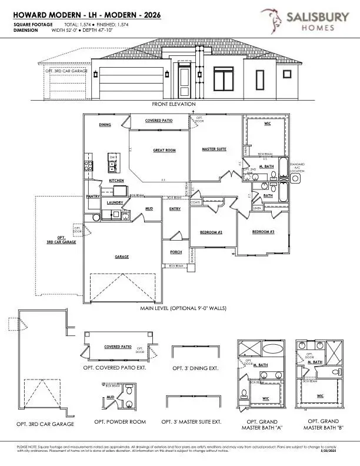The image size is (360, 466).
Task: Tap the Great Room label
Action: coord(164,151)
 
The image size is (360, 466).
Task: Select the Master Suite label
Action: coord(214,149)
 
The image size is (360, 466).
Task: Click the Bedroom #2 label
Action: coord(211,232)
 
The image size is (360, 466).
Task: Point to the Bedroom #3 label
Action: coord(263,232)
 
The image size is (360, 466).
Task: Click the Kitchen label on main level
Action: coord(116,181)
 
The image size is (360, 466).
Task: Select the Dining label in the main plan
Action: coord(105,125)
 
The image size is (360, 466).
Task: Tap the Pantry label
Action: coord(92,197)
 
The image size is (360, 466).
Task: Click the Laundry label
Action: coord(115,202)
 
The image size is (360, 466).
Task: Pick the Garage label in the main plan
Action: coord(122,257)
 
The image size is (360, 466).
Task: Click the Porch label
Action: coord(176,252)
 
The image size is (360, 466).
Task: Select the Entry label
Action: coord(175,208)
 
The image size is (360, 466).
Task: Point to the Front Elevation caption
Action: coord(173,104)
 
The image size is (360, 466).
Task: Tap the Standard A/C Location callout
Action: coord(297,168)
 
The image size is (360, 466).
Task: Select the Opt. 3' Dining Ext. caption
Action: coord(195,368)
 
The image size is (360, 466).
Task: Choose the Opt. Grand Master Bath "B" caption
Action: coord(322,424)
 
